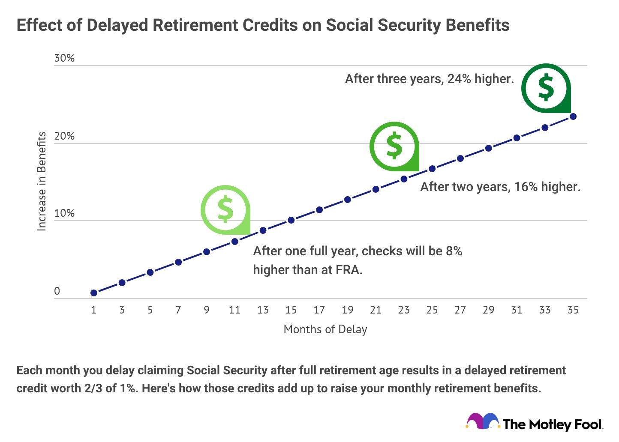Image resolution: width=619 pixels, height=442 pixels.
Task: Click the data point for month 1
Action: tap(94, 293)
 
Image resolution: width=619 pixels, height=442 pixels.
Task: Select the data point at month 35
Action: tap(573, 116)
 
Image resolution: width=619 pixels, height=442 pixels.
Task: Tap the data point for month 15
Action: tap(291, 220)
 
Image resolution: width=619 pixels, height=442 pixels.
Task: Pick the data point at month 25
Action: tap(432, 169)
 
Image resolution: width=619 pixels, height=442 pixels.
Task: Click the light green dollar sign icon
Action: tap(225, 209)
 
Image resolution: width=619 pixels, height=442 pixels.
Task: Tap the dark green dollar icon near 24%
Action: tap(546, 87)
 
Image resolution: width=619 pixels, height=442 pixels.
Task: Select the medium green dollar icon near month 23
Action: tap(394, 146)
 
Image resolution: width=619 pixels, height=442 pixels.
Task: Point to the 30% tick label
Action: tap(64, 58)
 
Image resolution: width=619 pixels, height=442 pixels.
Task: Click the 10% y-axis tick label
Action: tap(64, 213)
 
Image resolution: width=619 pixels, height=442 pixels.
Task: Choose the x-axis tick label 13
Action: tap(263, 310)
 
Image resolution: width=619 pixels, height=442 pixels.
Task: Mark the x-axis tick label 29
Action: tap(488, 310)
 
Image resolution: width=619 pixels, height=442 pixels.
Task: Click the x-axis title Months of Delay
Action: tap(325, 329)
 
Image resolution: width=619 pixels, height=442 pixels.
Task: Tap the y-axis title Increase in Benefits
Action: tap(42, 181)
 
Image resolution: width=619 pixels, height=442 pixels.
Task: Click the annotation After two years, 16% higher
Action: tap(500, 187)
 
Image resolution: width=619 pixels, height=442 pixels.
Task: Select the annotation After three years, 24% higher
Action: tap(429, 79)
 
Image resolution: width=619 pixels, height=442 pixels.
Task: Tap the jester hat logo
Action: tap(483, 421)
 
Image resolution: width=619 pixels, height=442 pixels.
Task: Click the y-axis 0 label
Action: tap(57, 291)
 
